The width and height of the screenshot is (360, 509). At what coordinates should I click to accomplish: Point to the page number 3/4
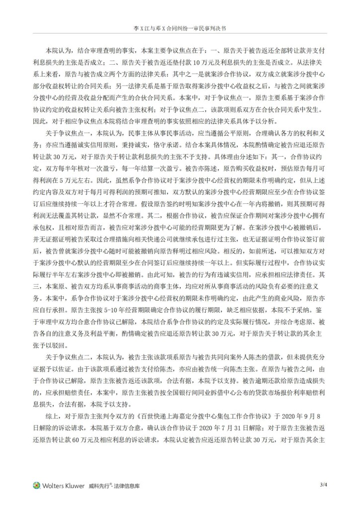[x=324, y=485]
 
